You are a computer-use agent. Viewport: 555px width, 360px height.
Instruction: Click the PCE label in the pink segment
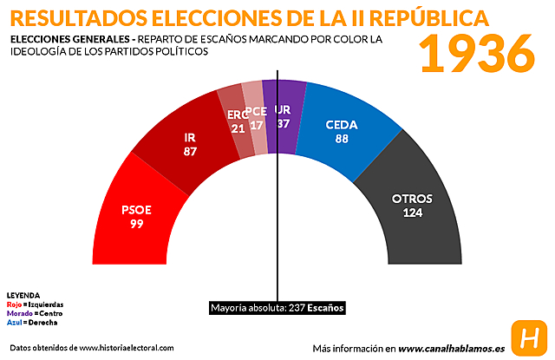[x=256, y=111]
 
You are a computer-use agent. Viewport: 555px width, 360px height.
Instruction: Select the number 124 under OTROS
[x=412, y=213]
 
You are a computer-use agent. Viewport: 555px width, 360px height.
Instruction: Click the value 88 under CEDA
[x=342, y=138]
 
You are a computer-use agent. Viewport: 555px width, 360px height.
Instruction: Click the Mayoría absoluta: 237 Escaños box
[x=277, y=308]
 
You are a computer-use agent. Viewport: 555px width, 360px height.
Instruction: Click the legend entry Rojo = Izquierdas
[x=35, y=304]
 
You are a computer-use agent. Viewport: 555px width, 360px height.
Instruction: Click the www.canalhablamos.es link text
[x=451, y=348]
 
